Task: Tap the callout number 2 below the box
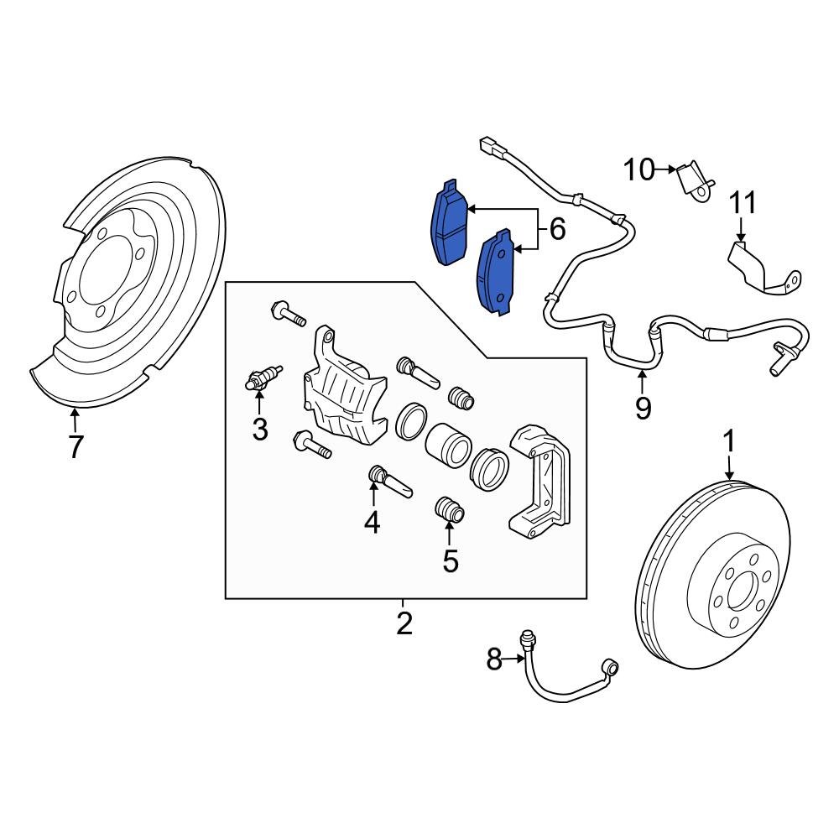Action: (404, 623)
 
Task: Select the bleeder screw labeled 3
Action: (261, 380)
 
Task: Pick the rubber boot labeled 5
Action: (451, 509)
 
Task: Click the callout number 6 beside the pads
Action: (556, 228)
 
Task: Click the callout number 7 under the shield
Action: (76, 447)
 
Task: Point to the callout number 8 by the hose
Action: (495, 661)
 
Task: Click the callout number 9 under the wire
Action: (643, 408)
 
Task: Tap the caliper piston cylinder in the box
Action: (447, 445)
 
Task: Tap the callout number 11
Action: (742, 203)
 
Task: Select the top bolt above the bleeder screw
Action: (288, 316)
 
